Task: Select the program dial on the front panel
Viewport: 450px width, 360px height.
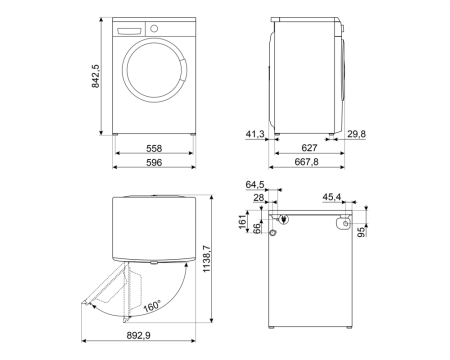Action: (x=153, y=29)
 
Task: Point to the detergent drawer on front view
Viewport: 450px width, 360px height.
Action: (x=130, y=29)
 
